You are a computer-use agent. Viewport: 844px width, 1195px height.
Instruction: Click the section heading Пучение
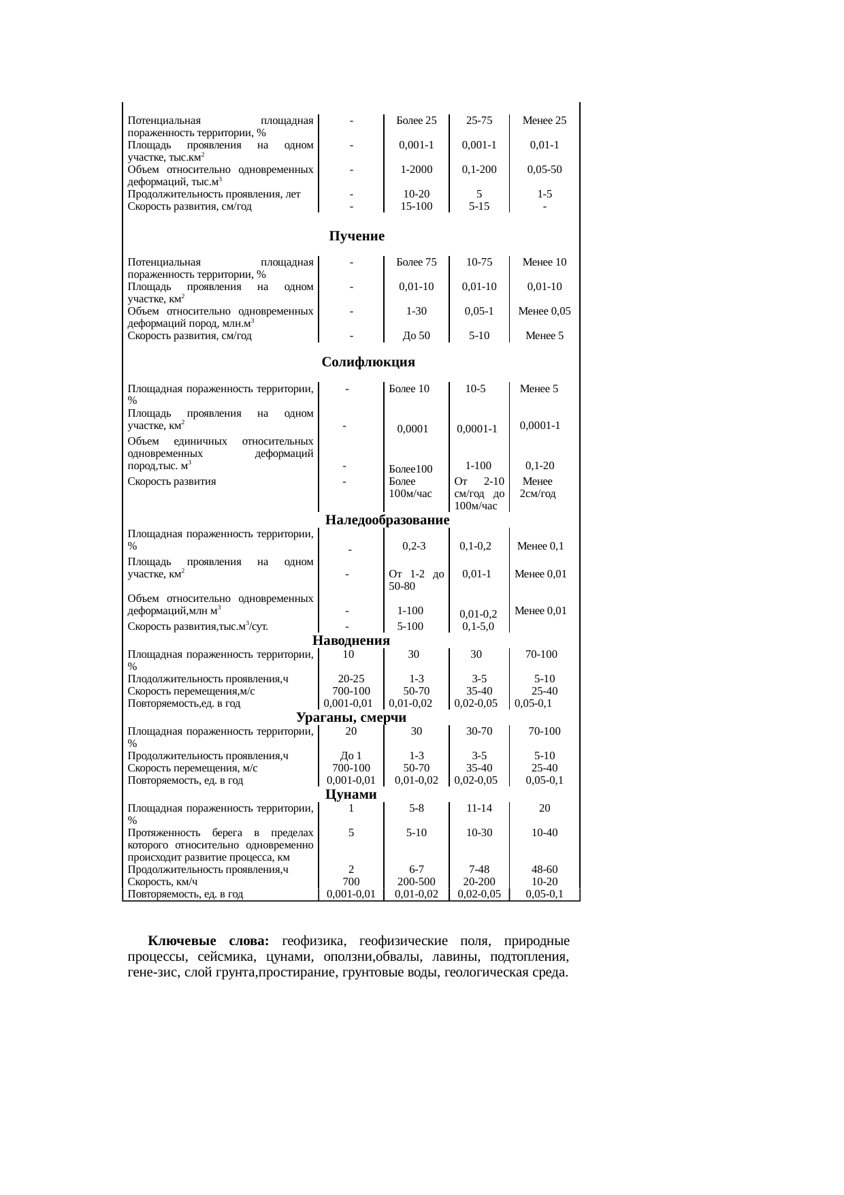357,236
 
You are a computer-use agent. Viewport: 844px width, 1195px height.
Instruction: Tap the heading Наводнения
351,641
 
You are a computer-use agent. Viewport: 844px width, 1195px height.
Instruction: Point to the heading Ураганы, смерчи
351,718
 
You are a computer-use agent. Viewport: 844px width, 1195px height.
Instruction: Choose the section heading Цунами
351,795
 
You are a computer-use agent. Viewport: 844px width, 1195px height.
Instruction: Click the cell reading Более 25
416,121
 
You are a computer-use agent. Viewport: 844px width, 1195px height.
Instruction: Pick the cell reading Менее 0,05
544,311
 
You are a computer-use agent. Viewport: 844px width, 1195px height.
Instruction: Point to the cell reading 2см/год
538,494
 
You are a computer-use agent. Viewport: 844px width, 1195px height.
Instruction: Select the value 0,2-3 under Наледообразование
414,546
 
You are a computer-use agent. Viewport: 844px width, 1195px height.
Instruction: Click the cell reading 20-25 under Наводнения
351,679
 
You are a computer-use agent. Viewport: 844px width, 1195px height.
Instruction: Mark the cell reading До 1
351,756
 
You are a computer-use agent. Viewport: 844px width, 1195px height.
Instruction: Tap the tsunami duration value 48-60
544,870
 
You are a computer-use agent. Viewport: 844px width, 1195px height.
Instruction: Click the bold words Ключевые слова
209,942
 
